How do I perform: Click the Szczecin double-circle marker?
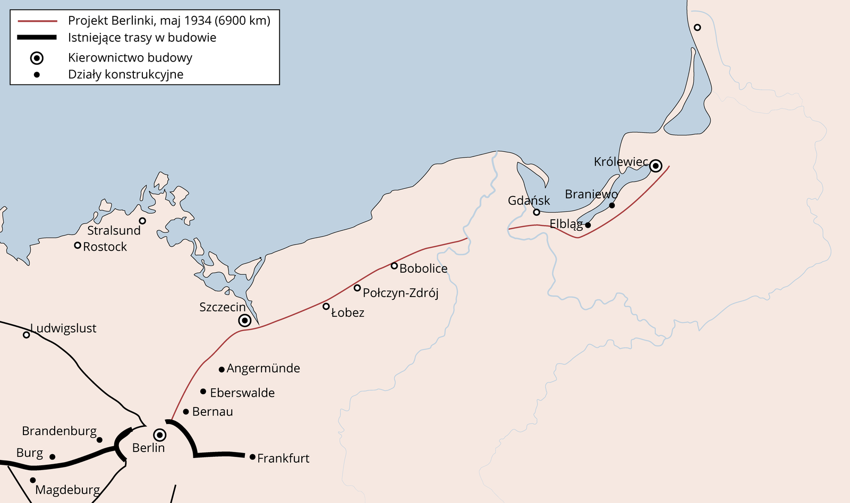244,320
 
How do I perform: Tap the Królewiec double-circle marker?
656,166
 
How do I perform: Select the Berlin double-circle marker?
159,436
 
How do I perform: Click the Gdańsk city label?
529,201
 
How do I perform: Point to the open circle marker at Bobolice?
394,266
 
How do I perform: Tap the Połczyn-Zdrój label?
401,293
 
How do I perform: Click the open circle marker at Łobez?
326,306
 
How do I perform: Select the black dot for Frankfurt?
252,457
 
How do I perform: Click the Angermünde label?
263,368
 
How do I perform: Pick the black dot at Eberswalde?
203,392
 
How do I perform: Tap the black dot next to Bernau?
186,412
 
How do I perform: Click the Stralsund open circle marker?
142,221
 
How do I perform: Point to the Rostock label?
105,247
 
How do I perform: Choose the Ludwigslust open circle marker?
26,335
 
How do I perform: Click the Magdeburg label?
67,490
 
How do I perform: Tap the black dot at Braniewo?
612,205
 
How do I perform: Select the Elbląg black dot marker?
588,225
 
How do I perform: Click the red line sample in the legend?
37,21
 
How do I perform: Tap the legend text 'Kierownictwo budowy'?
130,58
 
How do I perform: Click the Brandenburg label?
59,431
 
